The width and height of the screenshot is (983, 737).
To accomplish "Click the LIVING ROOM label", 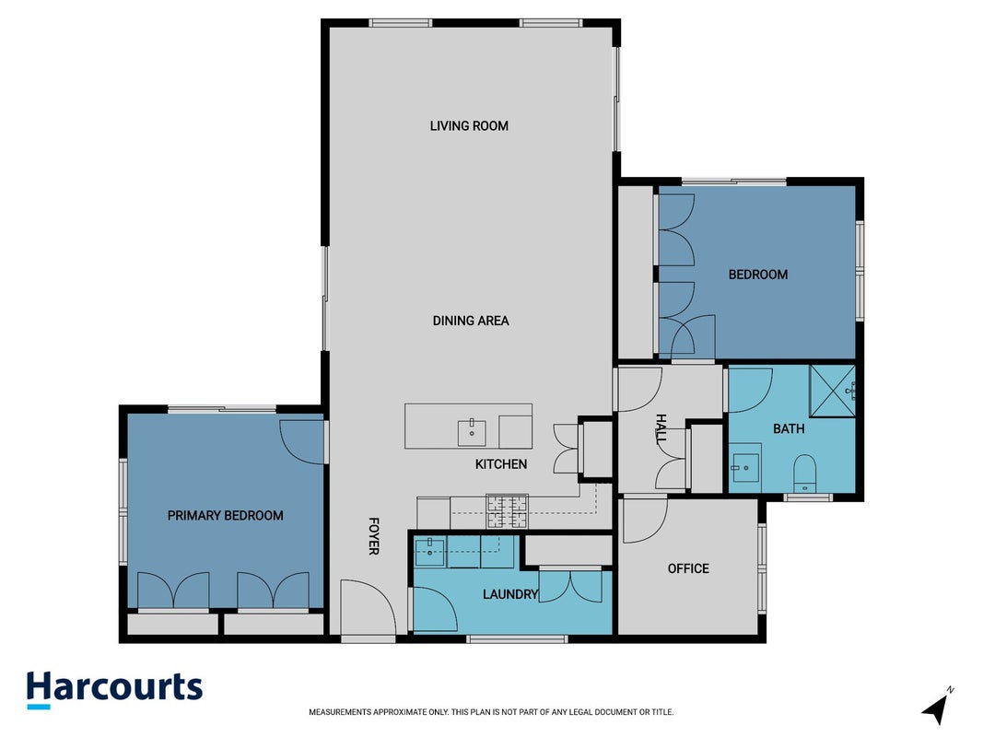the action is (469, 126).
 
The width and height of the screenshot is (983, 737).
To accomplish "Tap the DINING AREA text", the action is (471, 321).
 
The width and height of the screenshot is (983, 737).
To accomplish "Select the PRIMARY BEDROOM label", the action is (225, 516).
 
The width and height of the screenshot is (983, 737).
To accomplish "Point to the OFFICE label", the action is (688, 569).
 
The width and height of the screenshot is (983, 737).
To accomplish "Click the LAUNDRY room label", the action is (510, 594).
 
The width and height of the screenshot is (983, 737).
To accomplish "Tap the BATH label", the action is (789, 429).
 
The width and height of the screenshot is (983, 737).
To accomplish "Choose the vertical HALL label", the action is (661, 428).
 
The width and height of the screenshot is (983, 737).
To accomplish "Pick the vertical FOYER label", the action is (374, 536).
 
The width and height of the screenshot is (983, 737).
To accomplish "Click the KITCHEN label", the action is (501, 464).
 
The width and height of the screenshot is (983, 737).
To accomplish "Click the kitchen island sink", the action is (472, 433).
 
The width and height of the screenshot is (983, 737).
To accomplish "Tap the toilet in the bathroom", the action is (805, 474).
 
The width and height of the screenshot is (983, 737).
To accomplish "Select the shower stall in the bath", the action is (833, 391).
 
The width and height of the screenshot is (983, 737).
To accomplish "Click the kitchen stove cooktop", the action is (508, 510).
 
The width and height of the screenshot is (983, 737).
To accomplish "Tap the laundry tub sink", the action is (429, 553).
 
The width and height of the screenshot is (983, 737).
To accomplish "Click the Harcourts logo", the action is (115, 690).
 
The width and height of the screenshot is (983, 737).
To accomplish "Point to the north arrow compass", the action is (937, 707).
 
